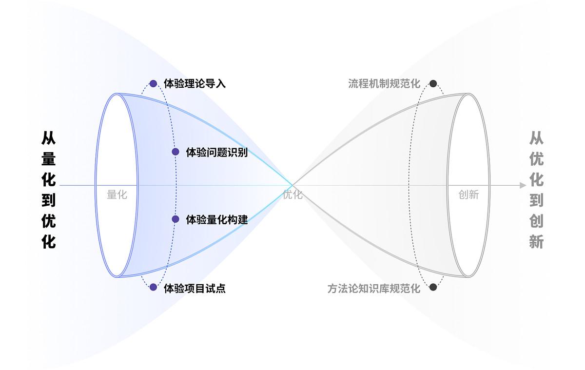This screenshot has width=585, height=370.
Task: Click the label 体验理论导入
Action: [195, 84]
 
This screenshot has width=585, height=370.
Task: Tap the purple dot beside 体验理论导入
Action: [154, 84]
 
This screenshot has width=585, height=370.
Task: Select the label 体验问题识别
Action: [217, 152]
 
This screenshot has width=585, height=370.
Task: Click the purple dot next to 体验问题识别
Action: [175, 152]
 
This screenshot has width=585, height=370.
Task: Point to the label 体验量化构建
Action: [217, 219]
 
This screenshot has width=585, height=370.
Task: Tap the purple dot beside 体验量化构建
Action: [175, 219]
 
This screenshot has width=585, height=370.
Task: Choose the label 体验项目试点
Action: [195, 288]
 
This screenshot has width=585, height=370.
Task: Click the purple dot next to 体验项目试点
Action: [154, 288]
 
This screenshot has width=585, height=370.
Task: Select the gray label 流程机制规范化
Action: [384, 84]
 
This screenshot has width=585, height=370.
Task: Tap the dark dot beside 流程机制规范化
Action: [433, 84]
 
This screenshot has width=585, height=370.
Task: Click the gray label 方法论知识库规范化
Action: [374, 288]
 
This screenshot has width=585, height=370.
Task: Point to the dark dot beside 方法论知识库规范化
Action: [433, 287]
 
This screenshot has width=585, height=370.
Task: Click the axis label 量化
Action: [117, 195]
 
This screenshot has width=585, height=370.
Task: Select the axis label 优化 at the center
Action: [292, 195]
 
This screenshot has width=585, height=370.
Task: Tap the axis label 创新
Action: [468, 195]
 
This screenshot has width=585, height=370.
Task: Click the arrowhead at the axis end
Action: [523, 185]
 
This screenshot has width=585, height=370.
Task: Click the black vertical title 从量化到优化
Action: [49, 190]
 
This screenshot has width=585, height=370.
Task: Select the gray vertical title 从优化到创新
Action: [536, 190]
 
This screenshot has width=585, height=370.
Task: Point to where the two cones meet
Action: [292, 185]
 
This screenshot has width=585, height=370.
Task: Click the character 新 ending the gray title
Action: [536, 242]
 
